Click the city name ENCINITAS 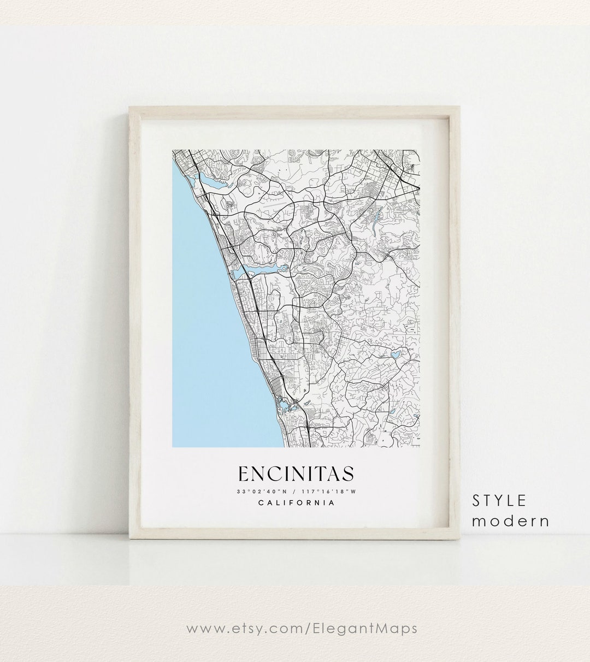[x=296, y=473]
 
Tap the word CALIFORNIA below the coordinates [x=296, y=503]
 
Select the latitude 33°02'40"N [x=262, y=491]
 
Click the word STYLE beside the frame [x=499, y=500]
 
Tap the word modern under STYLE [x=510, y=521]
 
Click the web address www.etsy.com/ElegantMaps [x=302, y=628]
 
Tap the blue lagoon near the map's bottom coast [x=284, y=405]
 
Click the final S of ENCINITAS [x=348, y=473]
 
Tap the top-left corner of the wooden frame [x=129, y=107]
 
